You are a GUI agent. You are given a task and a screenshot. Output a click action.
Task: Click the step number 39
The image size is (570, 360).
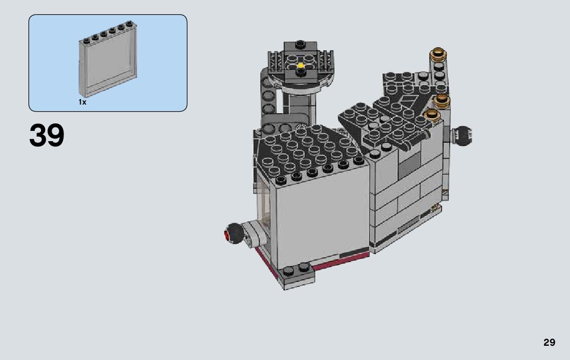(x=47, y=135)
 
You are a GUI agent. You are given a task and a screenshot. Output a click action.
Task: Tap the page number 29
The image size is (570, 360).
(x=549, y=342)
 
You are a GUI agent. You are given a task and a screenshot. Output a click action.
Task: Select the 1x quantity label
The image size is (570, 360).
(x=83, y=102)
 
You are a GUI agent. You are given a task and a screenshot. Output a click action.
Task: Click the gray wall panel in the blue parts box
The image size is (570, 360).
(x=108, y=59)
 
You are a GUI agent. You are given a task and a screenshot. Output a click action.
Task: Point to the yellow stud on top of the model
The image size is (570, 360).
(x=300, y=66)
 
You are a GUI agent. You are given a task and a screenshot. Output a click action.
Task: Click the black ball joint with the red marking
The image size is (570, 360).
(x=234, y=233)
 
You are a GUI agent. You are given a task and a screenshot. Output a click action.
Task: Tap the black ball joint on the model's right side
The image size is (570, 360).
(x=462, y=136)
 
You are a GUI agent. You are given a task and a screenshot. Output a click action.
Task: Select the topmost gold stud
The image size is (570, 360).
(x=438, y=54)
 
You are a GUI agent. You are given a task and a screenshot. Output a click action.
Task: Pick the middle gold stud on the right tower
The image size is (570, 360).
(x=441, y=100)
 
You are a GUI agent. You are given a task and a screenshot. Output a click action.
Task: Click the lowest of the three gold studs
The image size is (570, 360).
(x=432, y=115)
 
